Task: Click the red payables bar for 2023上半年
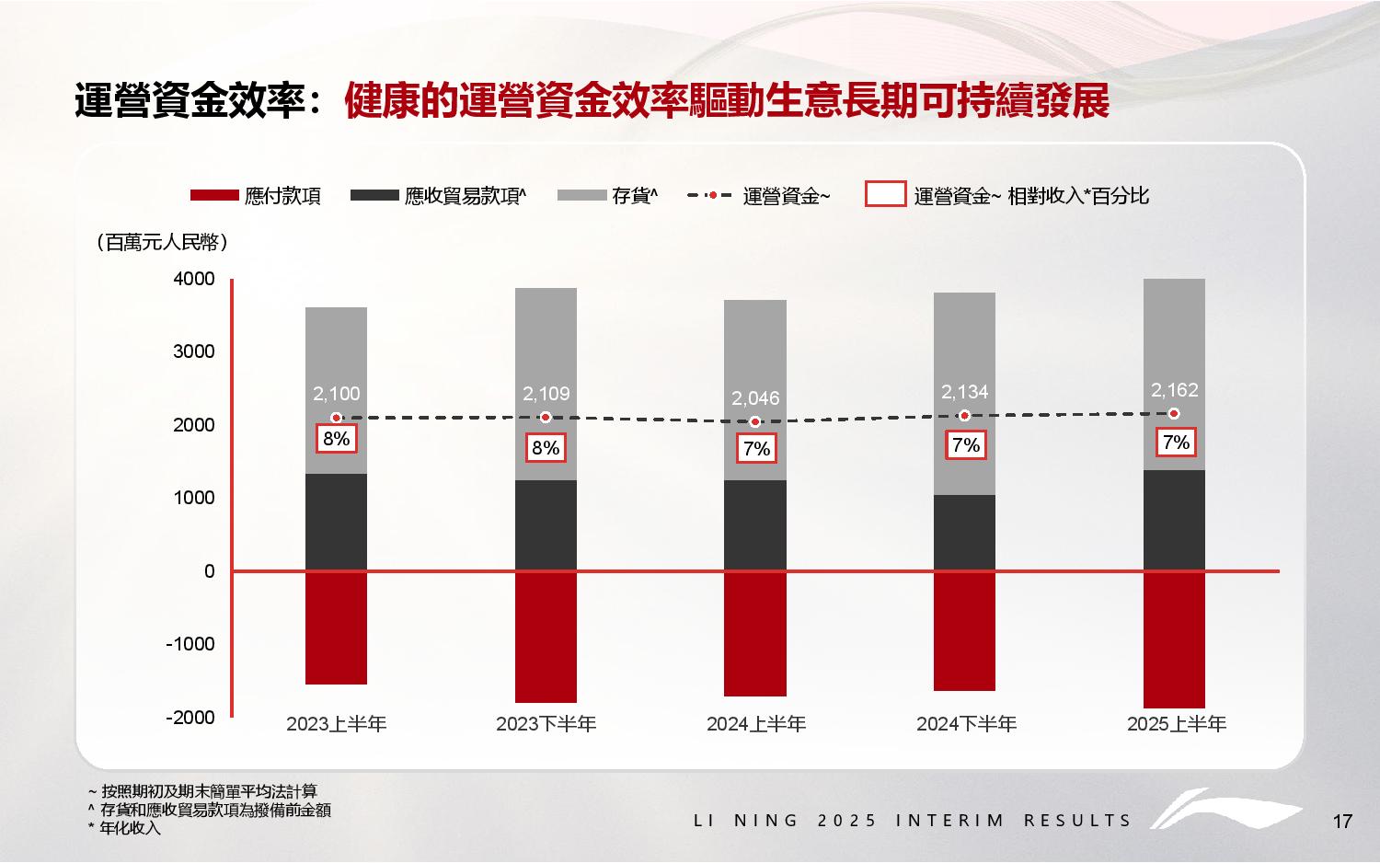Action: [336, 627]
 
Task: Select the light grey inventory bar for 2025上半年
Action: [1174, 331]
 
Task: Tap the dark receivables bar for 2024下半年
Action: [964, 533]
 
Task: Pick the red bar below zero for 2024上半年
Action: [754, 634]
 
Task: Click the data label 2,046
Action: [755, 398]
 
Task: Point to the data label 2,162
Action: [1175, 390]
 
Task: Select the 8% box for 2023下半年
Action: [546, 448]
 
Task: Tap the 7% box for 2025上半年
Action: [1176, 443]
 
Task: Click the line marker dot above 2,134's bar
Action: [964, 416]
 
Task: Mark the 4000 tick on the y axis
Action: [194, 279]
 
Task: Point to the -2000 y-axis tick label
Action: [190, 718]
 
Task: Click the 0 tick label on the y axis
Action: [210, 571]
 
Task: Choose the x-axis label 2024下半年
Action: [966, 725]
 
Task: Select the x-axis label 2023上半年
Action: [336, 725]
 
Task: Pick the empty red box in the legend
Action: [885, 194]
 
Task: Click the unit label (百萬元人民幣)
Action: [161, 243]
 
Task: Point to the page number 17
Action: [1342, 822]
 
